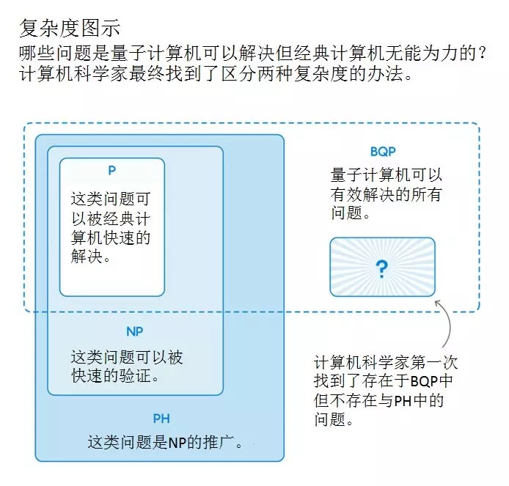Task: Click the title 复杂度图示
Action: pos(70,29)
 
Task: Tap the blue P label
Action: pos(112,170)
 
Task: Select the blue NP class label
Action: pos(134,331)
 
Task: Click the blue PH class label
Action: pos(161,419)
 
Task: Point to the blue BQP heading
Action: pos(383,152)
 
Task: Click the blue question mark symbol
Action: pos(381,269)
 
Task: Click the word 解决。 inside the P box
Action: pos(91,257)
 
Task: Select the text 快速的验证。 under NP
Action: pos(115,376)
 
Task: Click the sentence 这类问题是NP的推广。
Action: pos(165,442)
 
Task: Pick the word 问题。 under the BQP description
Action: pos(351,213)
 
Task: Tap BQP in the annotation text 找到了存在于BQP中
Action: pos(424,381)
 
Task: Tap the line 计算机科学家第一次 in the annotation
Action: pos(386,362)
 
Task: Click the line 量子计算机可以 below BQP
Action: pos(387,175)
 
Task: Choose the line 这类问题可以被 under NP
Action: pos(127,357)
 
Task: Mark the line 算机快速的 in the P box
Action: pos(111,238)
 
